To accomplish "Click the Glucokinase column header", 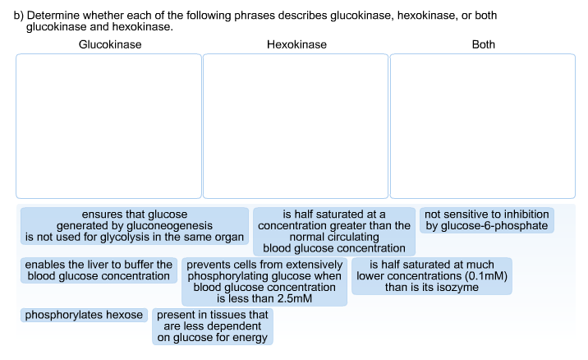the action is click(109, 44).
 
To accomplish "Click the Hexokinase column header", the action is click(296, 44).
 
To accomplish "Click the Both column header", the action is click(484, 44).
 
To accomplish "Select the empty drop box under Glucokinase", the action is click(108, 126).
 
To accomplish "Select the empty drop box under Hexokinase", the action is click(296, 126).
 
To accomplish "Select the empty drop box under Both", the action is click(483, 126).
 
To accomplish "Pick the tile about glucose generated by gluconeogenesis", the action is click(135, 226).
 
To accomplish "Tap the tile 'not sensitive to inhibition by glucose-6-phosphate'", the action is click(487, 220).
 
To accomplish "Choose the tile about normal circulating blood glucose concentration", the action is click(334, 231).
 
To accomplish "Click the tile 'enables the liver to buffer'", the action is click(99, 270).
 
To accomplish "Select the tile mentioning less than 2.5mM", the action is click(264, 282).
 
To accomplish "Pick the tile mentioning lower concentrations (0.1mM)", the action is click(432, 276).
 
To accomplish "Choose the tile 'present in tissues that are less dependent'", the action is click(212, 326).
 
